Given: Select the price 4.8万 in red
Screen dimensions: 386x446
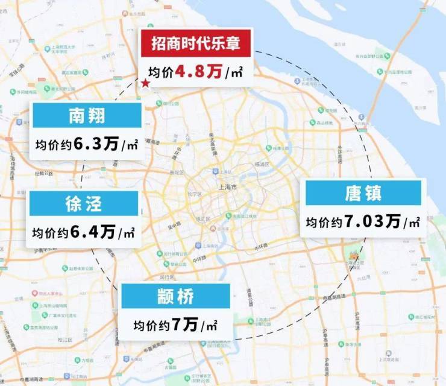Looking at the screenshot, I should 198,73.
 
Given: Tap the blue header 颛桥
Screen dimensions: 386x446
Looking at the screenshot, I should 175,296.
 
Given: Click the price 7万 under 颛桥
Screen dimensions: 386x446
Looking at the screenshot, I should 185,325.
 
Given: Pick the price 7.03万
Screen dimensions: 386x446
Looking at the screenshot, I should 373,222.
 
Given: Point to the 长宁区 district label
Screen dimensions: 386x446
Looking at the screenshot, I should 195,194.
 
